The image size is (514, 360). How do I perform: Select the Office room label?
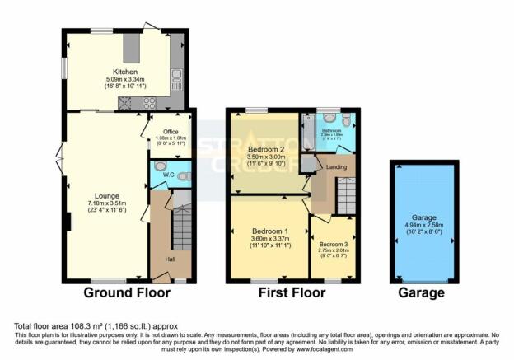click(171, 132)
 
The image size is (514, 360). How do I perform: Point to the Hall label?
click(169, 259)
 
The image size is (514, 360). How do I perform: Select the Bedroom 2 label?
click(264, 149)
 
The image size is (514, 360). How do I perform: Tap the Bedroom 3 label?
click(334, 245)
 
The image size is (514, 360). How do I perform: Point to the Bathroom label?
click(331, 131)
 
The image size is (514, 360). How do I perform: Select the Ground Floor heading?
click(127, 292)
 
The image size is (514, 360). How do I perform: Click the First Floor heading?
click(293, 292)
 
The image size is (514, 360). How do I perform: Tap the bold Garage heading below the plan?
click(422, 292)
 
